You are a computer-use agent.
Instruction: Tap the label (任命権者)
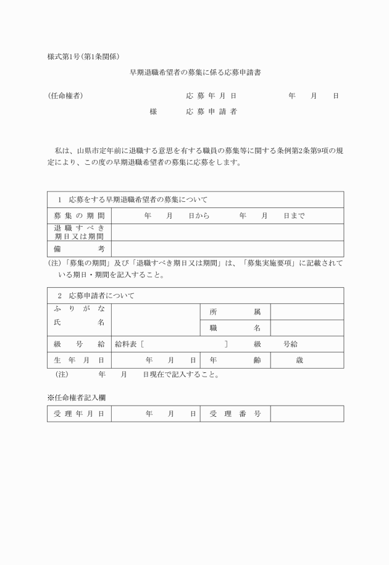65,96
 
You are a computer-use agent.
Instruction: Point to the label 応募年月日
211,96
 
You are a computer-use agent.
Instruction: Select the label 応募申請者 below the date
211,112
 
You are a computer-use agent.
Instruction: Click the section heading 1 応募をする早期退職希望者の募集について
132,200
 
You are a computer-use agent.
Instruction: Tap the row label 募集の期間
79,216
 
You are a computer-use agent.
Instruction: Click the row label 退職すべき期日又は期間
79,232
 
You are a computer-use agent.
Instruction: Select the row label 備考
79,248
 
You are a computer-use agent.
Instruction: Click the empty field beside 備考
227,248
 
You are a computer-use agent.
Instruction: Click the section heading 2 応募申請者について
96,296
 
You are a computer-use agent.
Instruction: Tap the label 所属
235,312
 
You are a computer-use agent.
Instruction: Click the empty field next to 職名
307,328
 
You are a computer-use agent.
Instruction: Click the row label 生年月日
79,360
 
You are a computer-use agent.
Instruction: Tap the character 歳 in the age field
299,360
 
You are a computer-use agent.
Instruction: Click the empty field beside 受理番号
307,414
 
